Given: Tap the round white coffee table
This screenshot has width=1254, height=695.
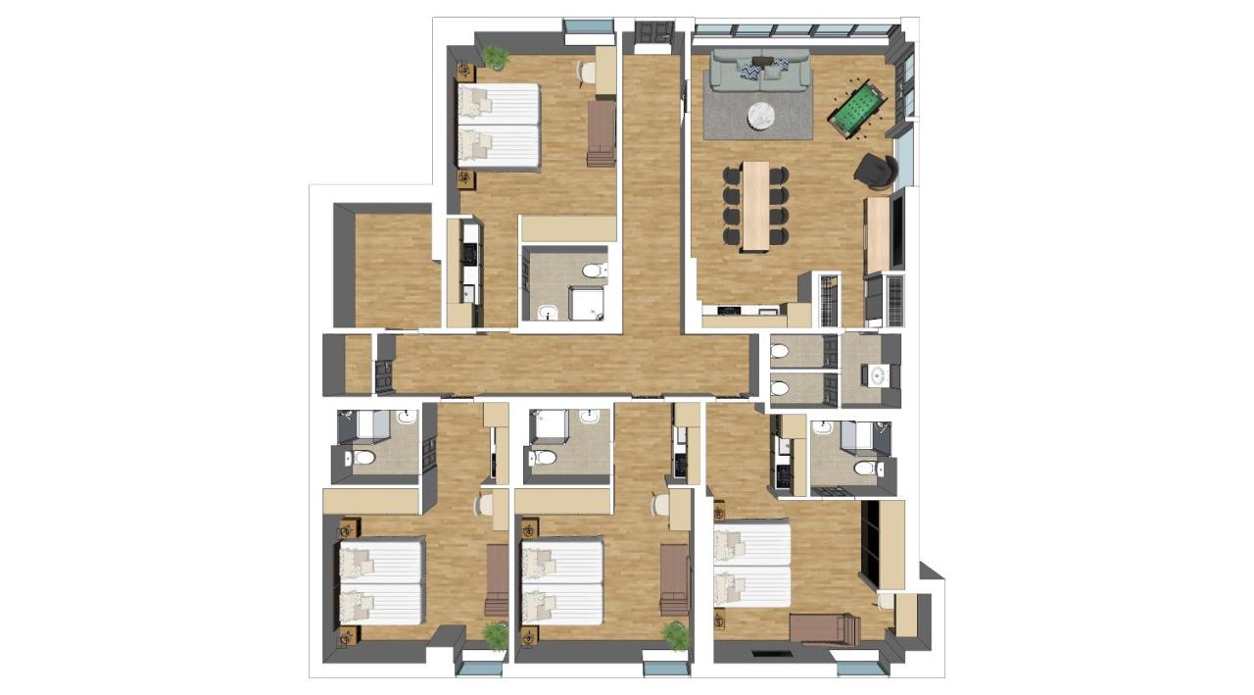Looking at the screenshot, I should click(x=764, y=116).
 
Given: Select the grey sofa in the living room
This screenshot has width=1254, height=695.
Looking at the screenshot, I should click(x=759, y=72).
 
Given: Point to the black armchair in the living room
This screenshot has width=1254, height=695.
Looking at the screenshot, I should click(x=874, y=171).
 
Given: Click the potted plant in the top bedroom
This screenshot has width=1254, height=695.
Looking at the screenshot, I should click(x=496, y=58).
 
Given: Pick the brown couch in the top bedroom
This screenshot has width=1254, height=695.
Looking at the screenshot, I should click(x=601, y=133).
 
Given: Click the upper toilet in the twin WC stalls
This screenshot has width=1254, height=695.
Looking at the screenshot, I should click(x=781, y=351).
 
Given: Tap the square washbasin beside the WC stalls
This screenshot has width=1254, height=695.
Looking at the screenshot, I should click(x=875, y=374).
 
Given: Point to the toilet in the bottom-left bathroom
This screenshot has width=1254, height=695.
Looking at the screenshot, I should click(x=362, y=458).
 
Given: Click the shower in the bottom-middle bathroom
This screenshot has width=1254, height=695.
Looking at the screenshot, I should click(x=551, y=424).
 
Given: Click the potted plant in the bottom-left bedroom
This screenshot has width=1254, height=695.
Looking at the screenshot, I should click(x=496, y=635).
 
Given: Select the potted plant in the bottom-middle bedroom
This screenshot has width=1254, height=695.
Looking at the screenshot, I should click(x=676, y=635).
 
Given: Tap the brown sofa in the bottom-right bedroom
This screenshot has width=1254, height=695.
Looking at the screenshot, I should click(x=825, y=628).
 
